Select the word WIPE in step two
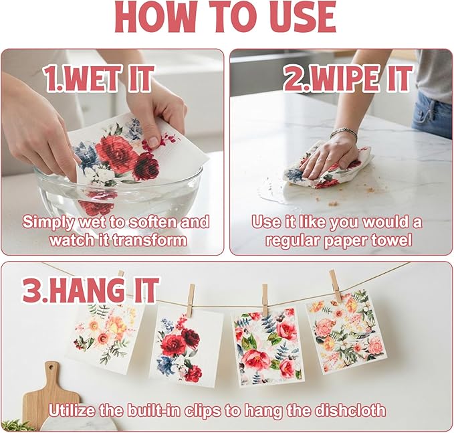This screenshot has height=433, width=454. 345,78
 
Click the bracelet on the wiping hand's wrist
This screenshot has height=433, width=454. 344,133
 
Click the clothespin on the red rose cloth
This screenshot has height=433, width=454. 191,300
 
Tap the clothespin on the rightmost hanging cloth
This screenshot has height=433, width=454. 336,286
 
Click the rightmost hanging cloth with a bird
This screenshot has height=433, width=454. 346,332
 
